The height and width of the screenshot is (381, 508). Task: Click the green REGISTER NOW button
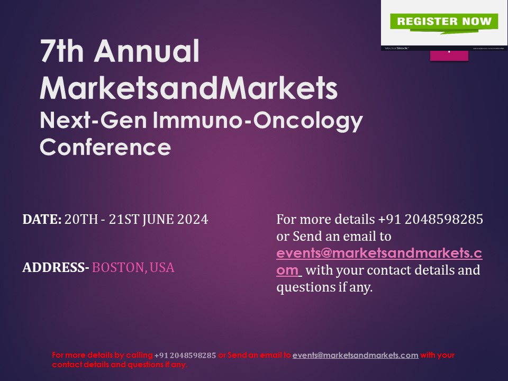[444, 22]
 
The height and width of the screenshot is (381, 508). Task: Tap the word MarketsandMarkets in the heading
[188, 88]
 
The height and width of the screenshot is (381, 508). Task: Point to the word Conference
[105, 147]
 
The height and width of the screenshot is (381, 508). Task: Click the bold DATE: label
[42, 219]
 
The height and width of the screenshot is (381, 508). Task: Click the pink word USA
[162, 268]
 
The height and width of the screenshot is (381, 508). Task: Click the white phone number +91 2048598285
[431, 219]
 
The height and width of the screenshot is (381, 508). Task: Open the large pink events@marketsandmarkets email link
[379, 253]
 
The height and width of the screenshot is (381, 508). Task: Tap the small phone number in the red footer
[185, 355]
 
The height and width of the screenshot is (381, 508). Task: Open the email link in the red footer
[355, 355]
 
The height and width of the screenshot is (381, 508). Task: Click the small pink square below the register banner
[449, 55]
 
